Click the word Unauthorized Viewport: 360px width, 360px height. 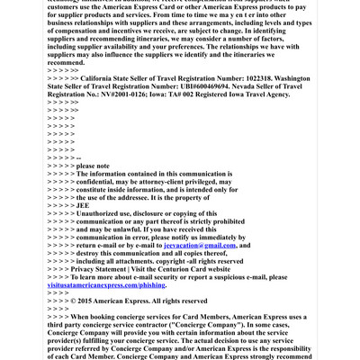[83, 215]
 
